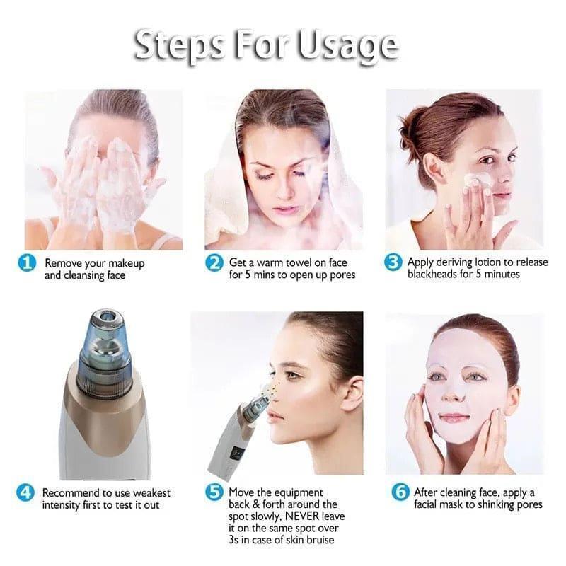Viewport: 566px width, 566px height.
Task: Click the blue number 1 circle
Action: coord(28,263)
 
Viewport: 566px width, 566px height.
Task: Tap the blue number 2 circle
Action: coord(215,263)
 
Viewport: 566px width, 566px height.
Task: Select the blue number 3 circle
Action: coord(394,263)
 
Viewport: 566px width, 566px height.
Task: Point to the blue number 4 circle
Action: coord(25,493)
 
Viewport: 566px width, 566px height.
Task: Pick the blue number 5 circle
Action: coord(214,493)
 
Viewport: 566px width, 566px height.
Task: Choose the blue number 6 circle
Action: coord(400,493)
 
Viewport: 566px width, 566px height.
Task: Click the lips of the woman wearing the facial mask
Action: coord(455,417)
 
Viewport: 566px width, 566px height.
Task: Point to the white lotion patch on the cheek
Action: coord(478,180)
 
